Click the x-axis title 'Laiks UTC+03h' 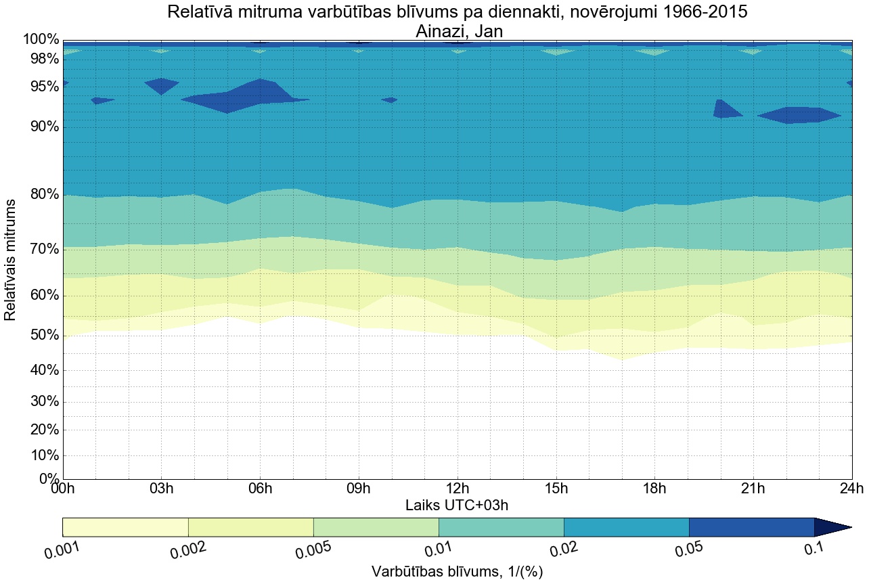[x=457, y=505]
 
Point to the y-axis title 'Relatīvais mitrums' [x=11, y=260]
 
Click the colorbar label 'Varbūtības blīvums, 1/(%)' [x=457, y=571]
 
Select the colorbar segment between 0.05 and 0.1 [x=751, y=527]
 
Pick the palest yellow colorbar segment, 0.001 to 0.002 [x=125, y=527]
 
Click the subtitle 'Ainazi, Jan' [x=457, y=31]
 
